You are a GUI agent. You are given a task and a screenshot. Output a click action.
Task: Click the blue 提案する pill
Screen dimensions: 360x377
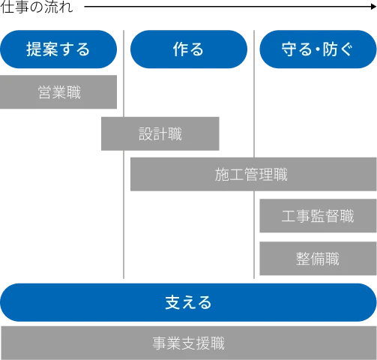[58, 50]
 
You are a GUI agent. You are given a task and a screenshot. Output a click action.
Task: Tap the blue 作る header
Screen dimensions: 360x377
[188, 50]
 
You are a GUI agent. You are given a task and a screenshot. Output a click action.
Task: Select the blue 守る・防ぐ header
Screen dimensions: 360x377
[318, 50]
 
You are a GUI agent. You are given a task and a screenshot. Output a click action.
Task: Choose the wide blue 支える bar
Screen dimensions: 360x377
[188, 303]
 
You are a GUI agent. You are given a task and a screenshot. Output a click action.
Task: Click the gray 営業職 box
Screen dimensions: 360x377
[59, 93]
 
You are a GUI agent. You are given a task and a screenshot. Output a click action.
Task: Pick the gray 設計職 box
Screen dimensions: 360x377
[160, 135]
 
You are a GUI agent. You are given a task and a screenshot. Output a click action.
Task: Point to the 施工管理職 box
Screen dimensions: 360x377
[250, 175]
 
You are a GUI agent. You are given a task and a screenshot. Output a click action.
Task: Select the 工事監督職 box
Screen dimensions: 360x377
[318, 217]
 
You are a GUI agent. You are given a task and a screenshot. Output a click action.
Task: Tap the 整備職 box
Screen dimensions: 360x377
[318, 259]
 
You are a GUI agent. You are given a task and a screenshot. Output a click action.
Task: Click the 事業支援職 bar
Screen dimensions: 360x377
[188, 343]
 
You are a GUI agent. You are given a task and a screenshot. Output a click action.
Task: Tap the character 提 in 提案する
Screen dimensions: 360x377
[34, 50]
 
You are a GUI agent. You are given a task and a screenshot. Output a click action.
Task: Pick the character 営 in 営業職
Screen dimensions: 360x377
[45, 93]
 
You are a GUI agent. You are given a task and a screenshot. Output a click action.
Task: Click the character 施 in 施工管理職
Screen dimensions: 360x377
[222, 175]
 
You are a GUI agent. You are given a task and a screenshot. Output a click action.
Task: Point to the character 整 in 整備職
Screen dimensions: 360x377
[304, 259]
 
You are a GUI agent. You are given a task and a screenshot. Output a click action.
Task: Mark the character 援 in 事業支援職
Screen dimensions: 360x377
[202, 343]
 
